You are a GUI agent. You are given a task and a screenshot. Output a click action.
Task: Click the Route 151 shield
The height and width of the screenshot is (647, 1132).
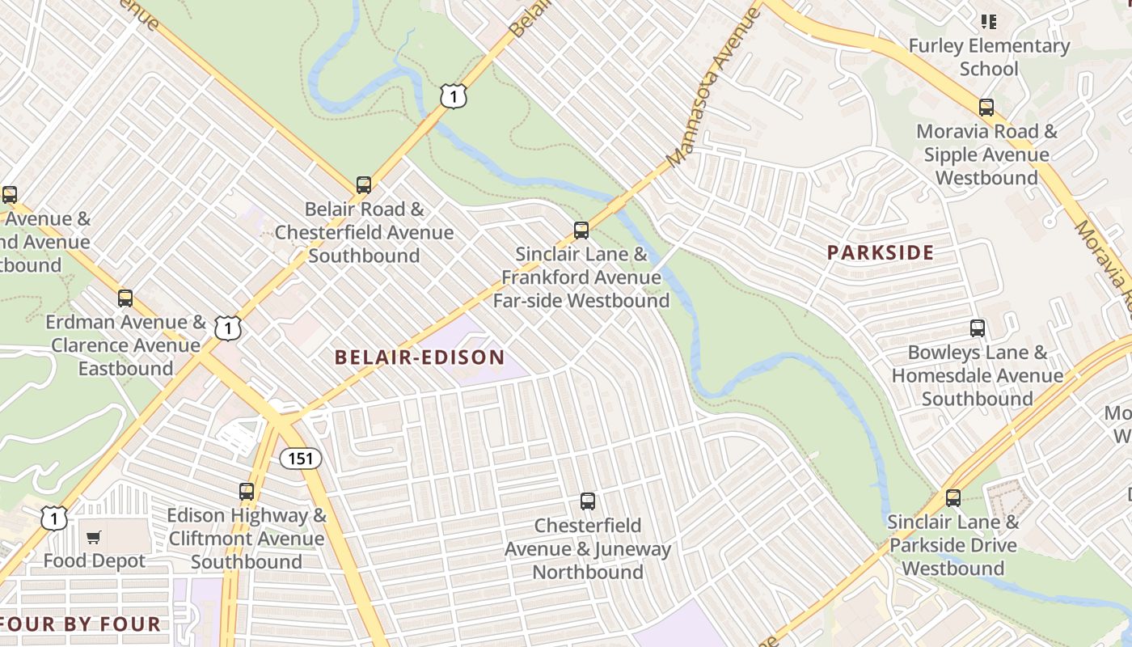(301, 459)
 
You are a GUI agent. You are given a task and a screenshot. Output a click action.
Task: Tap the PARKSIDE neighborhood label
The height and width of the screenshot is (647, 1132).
(880, 252)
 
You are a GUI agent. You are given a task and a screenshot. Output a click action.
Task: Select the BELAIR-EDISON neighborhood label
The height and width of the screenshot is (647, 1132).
(420, 357)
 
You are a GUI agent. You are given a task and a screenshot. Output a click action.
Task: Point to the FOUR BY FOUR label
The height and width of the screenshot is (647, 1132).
(81, 624)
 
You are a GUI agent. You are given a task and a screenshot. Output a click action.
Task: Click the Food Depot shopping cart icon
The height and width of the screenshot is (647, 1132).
(95, 537)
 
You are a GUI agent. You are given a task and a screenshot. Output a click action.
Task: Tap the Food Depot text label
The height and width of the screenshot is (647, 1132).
(95, 560)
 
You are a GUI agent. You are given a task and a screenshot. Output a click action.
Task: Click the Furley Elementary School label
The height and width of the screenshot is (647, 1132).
(989, 57)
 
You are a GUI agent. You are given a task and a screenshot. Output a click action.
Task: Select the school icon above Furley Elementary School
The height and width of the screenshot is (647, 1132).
(989, 21)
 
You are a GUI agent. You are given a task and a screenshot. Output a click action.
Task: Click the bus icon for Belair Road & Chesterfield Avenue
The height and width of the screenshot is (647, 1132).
(364, 185)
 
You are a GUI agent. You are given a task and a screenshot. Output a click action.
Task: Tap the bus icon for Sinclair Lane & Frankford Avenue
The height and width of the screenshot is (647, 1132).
(581, 230)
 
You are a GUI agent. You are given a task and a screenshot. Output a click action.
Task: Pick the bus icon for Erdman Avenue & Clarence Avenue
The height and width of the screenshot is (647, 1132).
(125, 298)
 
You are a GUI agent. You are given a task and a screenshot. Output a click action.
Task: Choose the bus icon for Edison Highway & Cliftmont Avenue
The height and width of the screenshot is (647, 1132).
(247, 491)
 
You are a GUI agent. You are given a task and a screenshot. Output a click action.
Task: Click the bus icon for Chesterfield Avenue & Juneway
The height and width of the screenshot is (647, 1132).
(588, 501)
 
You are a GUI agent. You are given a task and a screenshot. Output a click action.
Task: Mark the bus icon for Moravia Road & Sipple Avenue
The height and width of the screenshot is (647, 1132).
(986, 108)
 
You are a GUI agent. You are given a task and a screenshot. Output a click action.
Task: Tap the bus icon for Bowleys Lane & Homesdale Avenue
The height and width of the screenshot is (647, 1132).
(978, 328)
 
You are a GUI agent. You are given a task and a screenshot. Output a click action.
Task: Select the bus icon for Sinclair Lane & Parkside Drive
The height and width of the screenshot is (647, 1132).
(953, 498)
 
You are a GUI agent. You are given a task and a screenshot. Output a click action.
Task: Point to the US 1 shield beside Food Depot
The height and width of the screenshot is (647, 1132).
(54, 518)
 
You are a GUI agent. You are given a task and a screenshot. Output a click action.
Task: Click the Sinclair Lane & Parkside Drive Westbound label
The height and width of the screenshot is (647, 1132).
(953, 545)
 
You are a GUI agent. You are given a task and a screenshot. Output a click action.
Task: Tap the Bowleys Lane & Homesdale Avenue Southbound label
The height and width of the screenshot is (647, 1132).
(978, 375)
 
